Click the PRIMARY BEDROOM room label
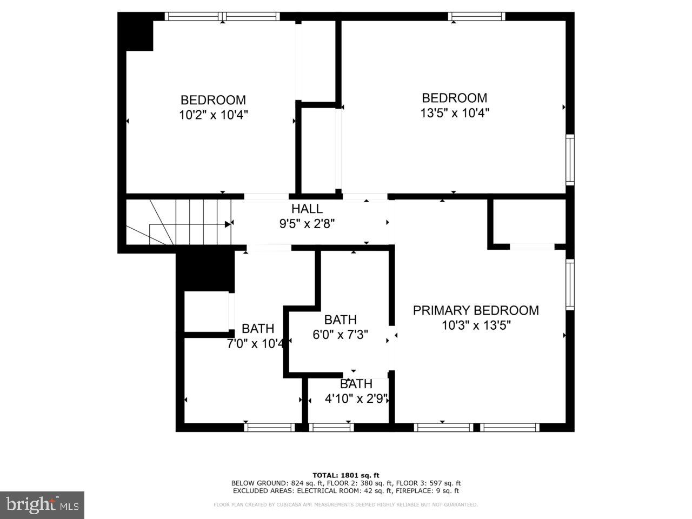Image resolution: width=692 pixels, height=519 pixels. (476, 310)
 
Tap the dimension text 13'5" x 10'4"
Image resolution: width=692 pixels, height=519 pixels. (455, 113)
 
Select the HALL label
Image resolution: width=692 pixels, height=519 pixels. (307, 209)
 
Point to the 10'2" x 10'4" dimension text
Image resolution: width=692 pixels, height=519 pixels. (213, 115)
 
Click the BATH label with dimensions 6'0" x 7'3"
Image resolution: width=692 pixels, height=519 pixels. (340, 320)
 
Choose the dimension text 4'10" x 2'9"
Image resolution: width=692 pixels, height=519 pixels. (356, 399)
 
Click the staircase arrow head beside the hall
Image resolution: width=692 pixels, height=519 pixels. (228, 223)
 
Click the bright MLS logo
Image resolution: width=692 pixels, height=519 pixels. (42, 505)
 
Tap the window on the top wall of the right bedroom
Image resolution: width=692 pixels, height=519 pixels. (477, 17)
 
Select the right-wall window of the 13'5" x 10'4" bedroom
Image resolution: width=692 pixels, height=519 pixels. (570, 160)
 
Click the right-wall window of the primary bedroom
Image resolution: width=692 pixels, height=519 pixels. (570, 284)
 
